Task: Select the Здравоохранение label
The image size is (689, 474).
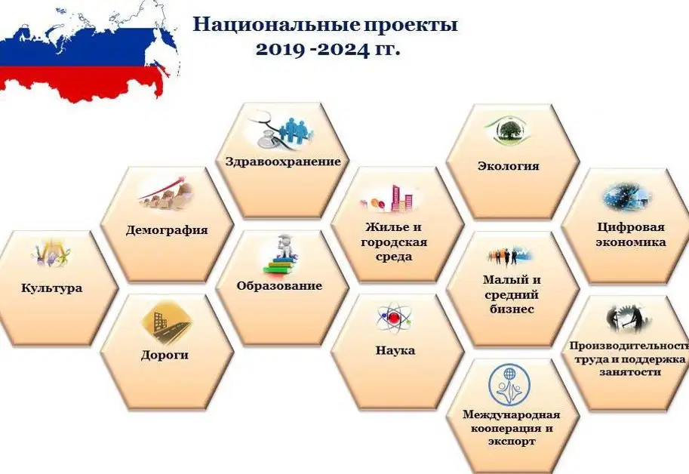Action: [x=283, y=162]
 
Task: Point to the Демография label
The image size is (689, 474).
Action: [x=167, y=230]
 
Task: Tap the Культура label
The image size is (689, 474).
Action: [x=52, y=288]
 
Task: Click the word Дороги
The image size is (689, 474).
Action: [x=165, y=355]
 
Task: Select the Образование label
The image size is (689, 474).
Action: [x=279, y=286]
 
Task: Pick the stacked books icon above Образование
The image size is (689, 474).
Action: [x=281, y=256]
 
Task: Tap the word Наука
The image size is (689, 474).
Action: [x=395, y=350]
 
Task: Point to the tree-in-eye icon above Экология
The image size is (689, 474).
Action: [x=508, y=130]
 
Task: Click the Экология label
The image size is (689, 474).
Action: [x=509, y=166]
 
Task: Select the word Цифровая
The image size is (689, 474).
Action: [x=631, y=227]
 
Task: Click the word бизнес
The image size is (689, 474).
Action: [x=512, y=309]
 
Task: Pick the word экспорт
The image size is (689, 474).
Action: [x=512, y=441]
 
